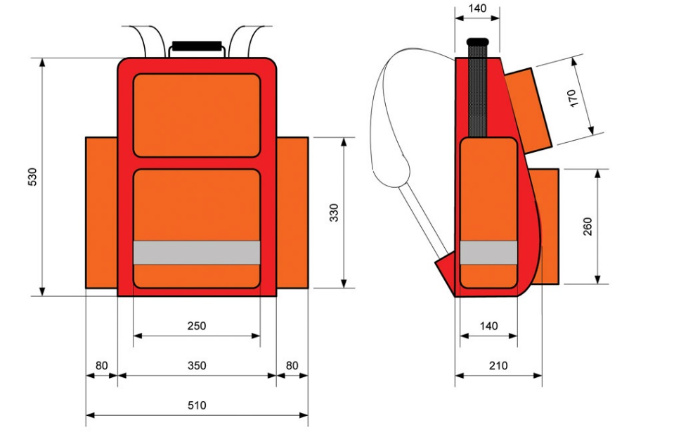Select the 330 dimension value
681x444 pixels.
tap(334, 213)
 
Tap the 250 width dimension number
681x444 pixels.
tap(197, 326)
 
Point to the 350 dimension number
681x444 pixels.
tap(197, 365)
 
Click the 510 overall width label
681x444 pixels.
tap(197, 405)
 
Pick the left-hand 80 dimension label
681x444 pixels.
tap(101, 365)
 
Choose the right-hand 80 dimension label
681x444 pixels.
tap(292, 365)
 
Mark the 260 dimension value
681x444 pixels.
tap(588, 226)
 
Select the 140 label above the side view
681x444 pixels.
tap(477, 8)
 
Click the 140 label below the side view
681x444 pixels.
tap(488, 326)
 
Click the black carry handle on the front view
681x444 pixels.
tap(197, 47)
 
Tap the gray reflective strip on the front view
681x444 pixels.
tap(197, 253)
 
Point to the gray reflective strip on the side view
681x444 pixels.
tap(488, 253)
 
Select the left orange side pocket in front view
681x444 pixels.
tap(101, 213)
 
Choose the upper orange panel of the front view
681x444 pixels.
tap(197, 115)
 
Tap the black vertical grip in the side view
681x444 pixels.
tap(477, 88)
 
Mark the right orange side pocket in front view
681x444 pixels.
tap(292, 213)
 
